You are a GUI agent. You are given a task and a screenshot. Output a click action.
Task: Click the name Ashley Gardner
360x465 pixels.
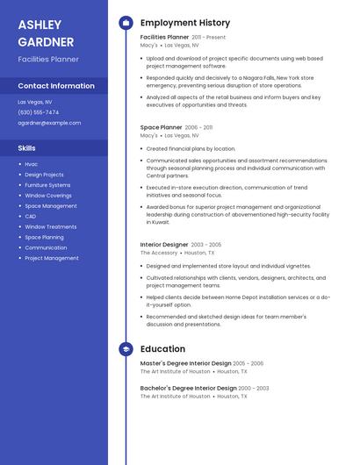[x=46, y=32]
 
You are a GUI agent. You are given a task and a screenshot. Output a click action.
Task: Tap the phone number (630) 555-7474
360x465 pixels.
[x=39, y=112]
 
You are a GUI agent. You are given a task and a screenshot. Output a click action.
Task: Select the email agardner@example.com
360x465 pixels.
[x=49, y=123]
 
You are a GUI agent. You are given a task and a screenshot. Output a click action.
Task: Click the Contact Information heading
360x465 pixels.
[x=56, y=86]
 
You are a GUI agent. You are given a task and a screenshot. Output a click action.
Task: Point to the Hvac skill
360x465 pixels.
[x=31, y=164]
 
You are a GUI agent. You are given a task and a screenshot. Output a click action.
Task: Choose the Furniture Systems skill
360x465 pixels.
[x=47, y=185]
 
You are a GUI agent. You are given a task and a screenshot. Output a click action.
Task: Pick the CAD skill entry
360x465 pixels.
[x=30, y=216]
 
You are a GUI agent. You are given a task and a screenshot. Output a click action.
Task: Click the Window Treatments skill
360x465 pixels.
[x=50, y=226]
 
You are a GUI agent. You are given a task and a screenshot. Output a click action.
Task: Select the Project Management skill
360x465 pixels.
[x=51, y=258]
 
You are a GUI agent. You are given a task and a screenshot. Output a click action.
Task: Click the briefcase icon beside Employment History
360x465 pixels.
[x=126, y=23]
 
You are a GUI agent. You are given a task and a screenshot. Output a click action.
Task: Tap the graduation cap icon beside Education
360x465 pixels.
[x=126, y=349]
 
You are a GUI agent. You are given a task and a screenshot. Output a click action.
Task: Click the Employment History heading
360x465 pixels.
[x=185, y=23]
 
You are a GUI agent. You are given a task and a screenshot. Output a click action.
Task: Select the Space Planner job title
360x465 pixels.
[x=161, y=127]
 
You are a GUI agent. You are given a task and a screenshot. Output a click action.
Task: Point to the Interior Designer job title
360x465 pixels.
[x=164, y=244]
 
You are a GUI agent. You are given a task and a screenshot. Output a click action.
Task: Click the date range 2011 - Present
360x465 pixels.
[x=209, y=38]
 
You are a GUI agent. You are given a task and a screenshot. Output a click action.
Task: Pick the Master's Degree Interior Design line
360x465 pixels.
[x=185, y=363]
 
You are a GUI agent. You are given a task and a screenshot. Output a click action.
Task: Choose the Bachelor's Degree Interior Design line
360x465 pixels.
[x=188, y=388]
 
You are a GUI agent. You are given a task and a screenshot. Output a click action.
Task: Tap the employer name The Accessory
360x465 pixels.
[x=159, y=253]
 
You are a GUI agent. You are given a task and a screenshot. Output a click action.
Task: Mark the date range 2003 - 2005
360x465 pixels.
[x=205, y=245]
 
